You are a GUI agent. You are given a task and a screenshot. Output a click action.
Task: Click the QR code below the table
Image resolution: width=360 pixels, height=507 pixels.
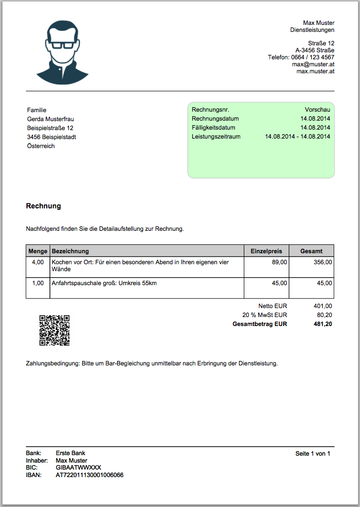click(x=54, y=330)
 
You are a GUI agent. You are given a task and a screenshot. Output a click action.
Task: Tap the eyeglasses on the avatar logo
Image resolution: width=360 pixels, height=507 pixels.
click(x=63, y=45)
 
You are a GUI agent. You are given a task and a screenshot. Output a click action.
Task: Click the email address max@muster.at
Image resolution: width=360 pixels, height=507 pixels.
click(x=313, y=64)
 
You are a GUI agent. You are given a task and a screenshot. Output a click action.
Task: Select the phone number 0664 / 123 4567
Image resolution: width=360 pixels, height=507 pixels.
click(x=313, y=57)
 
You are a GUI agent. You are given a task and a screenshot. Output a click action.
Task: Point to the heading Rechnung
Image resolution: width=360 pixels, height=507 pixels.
click(x=43, y=206)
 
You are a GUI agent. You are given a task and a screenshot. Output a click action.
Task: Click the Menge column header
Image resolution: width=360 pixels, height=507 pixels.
click(x=38, y=251)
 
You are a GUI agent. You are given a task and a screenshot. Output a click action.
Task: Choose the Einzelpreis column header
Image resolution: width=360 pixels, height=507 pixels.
click(x=266, y=251)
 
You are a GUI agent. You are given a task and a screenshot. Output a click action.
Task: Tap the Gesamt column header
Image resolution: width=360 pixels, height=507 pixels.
click(x=311, y=251)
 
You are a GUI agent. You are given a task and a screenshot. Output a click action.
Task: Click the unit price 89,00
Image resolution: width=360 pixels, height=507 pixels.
click(x=279, y=262)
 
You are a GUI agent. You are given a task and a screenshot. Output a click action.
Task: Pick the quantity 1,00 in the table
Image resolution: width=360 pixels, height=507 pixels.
click(x=38, y=283)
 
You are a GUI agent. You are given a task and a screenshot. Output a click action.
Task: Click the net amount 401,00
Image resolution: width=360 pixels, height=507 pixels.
click(x=323, y=306)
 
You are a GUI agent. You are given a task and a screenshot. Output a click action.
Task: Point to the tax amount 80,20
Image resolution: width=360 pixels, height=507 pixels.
click(x=325, y=315)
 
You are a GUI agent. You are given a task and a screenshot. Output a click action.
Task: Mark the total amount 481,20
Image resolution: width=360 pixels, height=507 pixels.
click(x=323, y=324)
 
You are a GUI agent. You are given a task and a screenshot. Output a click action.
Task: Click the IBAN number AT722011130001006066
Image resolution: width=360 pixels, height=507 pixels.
click(x=90, y=475)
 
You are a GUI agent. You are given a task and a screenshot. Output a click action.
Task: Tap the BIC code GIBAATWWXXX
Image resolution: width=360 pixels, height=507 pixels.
click(x=78, y=468)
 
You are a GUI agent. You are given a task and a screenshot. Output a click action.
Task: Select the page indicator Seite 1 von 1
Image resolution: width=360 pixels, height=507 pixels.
click(x=313, y=454)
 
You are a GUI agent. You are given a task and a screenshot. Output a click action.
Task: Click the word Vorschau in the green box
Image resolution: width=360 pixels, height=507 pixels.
click(x=318, y=110)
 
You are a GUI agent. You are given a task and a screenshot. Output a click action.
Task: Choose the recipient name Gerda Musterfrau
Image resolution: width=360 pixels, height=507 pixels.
click(x=51, y=119)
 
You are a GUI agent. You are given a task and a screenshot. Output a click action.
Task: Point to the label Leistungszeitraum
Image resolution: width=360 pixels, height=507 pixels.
click(x=216, y=137)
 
